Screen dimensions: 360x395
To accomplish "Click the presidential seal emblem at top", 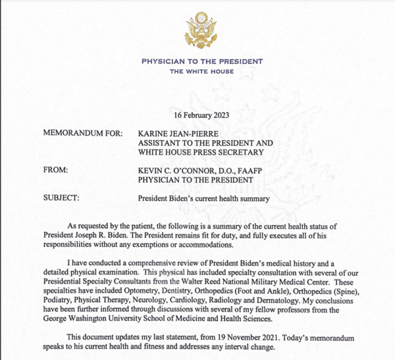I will pos(201,28).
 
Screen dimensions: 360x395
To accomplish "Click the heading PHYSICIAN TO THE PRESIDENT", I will pos(201,61).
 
